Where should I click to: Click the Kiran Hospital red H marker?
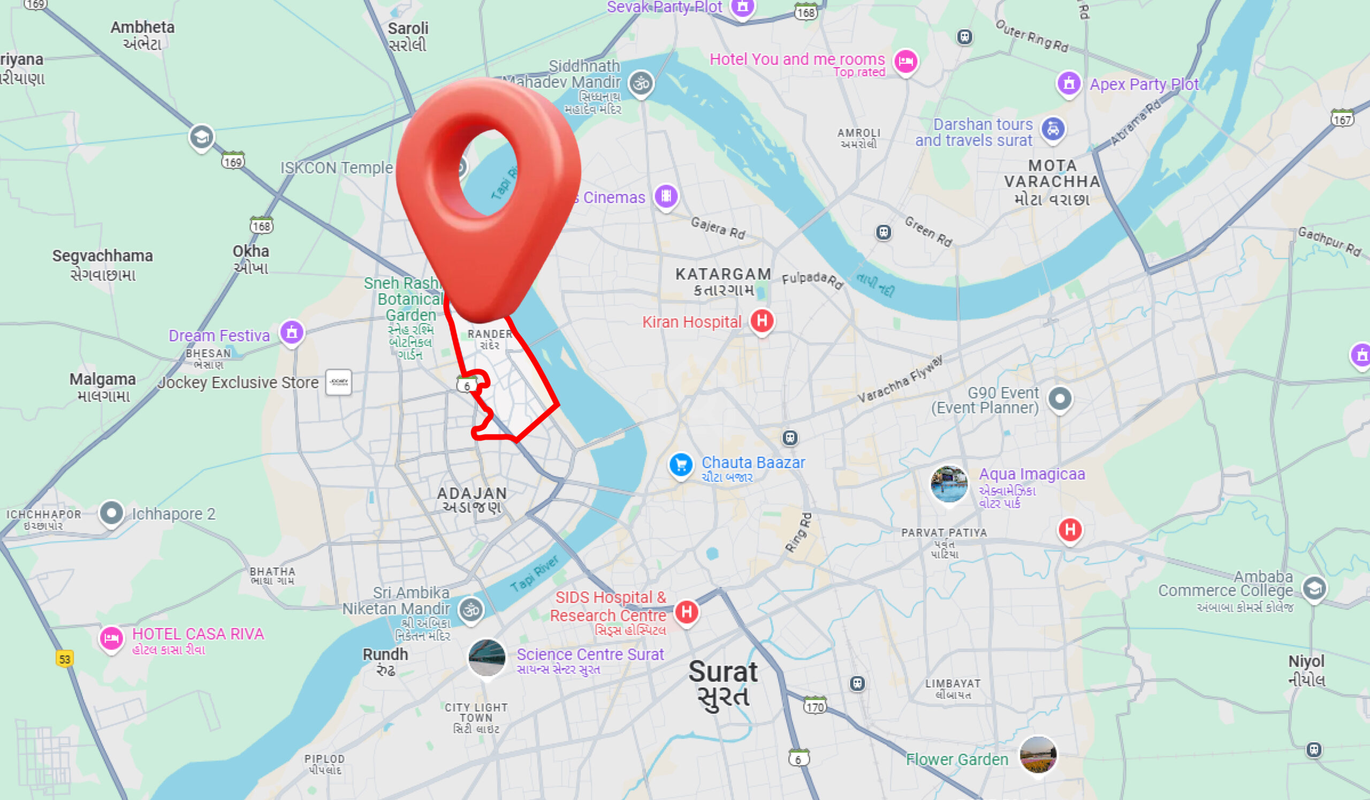tap(762, 321)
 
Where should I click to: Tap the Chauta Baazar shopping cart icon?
tap(681, 465)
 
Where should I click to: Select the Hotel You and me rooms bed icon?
tap(905, 62)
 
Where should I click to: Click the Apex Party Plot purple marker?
tap(1069, 84)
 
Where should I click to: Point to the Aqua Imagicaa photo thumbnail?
tap(949, 484)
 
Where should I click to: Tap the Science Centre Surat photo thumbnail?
tap(486, 657)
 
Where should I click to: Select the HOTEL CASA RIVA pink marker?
tap(111, 638)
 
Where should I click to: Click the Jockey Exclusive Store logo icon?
tap(338, 382)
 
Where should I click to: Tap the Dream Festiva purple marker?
tap(292, 332)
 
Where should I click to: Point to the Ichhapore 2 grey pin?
tap(112, 513)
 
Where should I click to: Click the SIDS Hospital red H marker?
tap(687, 612)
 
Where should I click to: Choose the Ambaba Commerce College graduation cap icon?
tap(1314, 588)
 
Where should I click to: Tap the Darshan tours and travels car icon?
tap(1053, 130)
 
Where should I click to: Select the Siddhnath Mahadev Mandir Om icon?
tap(641, 83)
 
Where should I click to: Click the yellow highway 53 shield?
tap(65, 659)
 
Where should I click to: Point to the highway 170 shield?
tap(815, 706)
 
